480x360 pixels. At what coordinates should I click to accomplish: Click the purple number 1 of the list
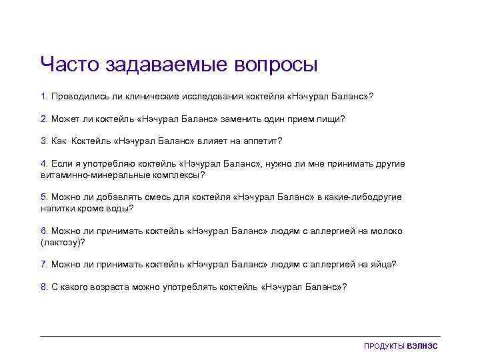43,97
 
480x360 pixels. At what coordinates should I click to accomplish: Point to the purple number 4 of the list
43,163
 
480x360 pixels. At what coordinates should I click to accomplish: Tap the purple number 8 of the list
43,287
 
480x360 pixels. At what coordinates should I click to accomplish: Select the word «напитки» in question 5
57,209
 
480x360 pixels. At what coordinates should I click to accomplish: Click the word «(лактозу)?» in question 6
63,243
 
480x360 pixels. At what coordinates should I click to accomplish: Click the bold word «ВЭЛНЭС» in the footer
423,346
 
